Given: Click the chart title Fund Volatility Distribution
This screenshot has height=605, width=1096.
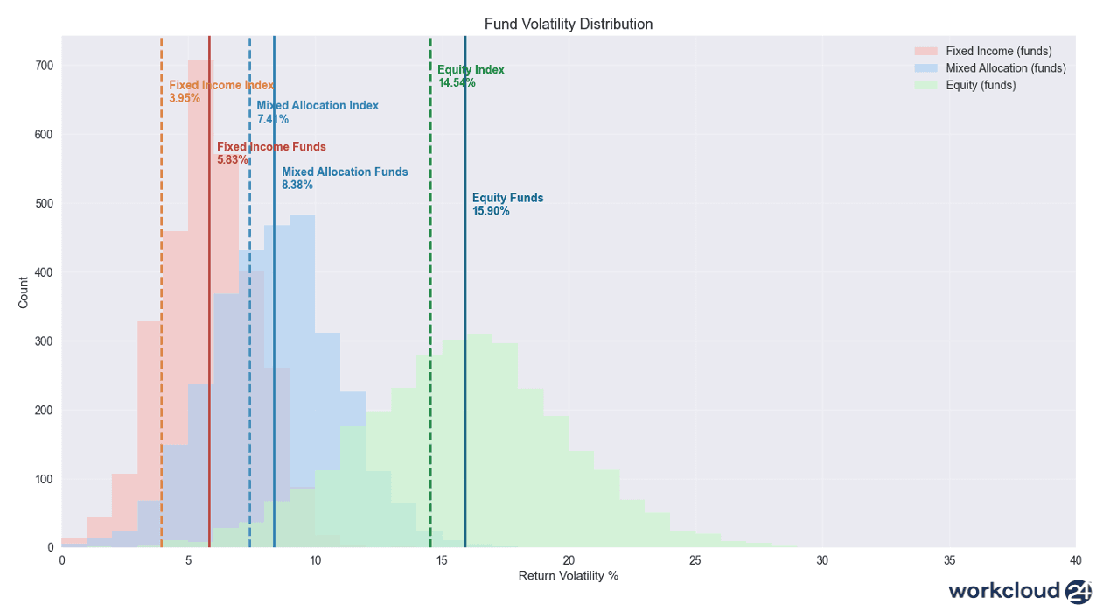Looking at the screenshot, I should tap(569, 25).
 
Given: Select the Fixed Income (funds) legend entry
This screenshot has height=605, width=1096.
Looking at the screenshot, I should tap(998, 52).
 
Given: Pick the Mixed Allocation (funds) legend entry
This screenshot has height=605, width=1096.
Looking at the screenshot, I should tap(1005, 68).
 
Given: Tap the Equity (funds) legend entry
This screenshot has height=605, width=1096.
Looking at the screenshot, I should tap(981, 86).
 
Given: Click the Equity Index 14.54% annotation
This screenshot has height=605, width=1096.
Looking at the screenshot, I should tap(471, 76).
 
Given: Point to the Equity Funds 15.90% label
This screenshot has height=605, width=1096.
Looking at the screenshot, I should tap(507, 204).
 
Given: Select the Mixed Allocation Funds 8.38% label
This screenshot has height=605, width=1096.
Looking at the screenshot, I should tap(344, 178).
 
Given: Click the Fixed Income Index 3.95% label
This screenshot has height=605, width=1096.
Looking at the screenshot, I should tap(220, 91).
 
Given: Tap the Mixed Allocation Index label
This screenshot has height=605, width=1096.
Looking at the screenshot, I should tap(317, 106).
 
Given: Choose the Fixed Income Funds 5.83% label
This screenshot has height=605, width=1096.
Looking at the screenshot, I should tap(270, 153).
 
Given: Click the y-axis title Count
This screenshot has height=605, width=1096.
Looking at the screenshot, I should tap(24, 292).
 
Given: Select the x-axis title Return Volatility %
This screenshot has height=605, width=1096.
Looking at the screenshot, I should tap(569, 576).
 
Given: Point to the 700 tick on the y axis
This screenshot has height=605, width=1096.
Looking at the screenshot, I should tap(45, 66).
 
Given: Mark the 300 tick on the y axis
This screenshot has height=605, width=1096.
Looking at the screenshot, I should tap(45, 341).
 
